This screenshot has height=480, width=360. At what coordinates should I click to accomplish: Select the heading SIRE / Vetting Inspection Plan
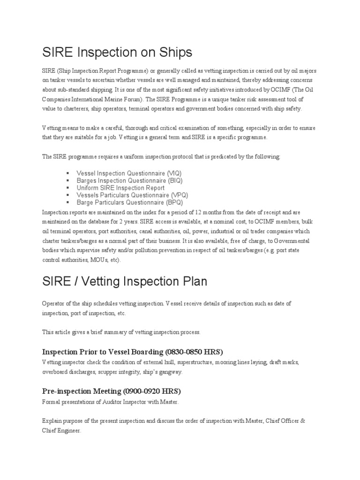pyautogui.click(x=124, y=281)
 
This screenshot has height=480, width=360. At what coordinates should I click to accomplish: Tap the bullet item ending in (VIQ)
pyautogui.click(x=129, y=173)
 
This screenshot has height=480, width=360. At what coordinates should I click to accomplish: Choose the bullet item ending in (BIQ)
pyautogui.click(x=129, y=180)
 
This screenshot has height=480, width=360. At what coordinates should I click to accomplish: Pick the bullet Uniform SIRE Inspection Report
pyautogui.click(x=120, y=188)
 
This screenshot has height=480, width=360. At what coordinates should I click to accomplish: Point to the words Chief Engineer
pyautogui.click(x=61, y=430)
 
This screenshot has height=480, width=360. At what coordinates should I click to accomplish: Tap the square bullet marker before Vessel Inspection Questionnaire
pyautogui.click(x=68, y=173)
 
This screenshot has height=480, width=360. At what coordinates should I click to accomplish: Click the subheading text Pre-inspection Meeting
pyautogui.click(x=82, y=390)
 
